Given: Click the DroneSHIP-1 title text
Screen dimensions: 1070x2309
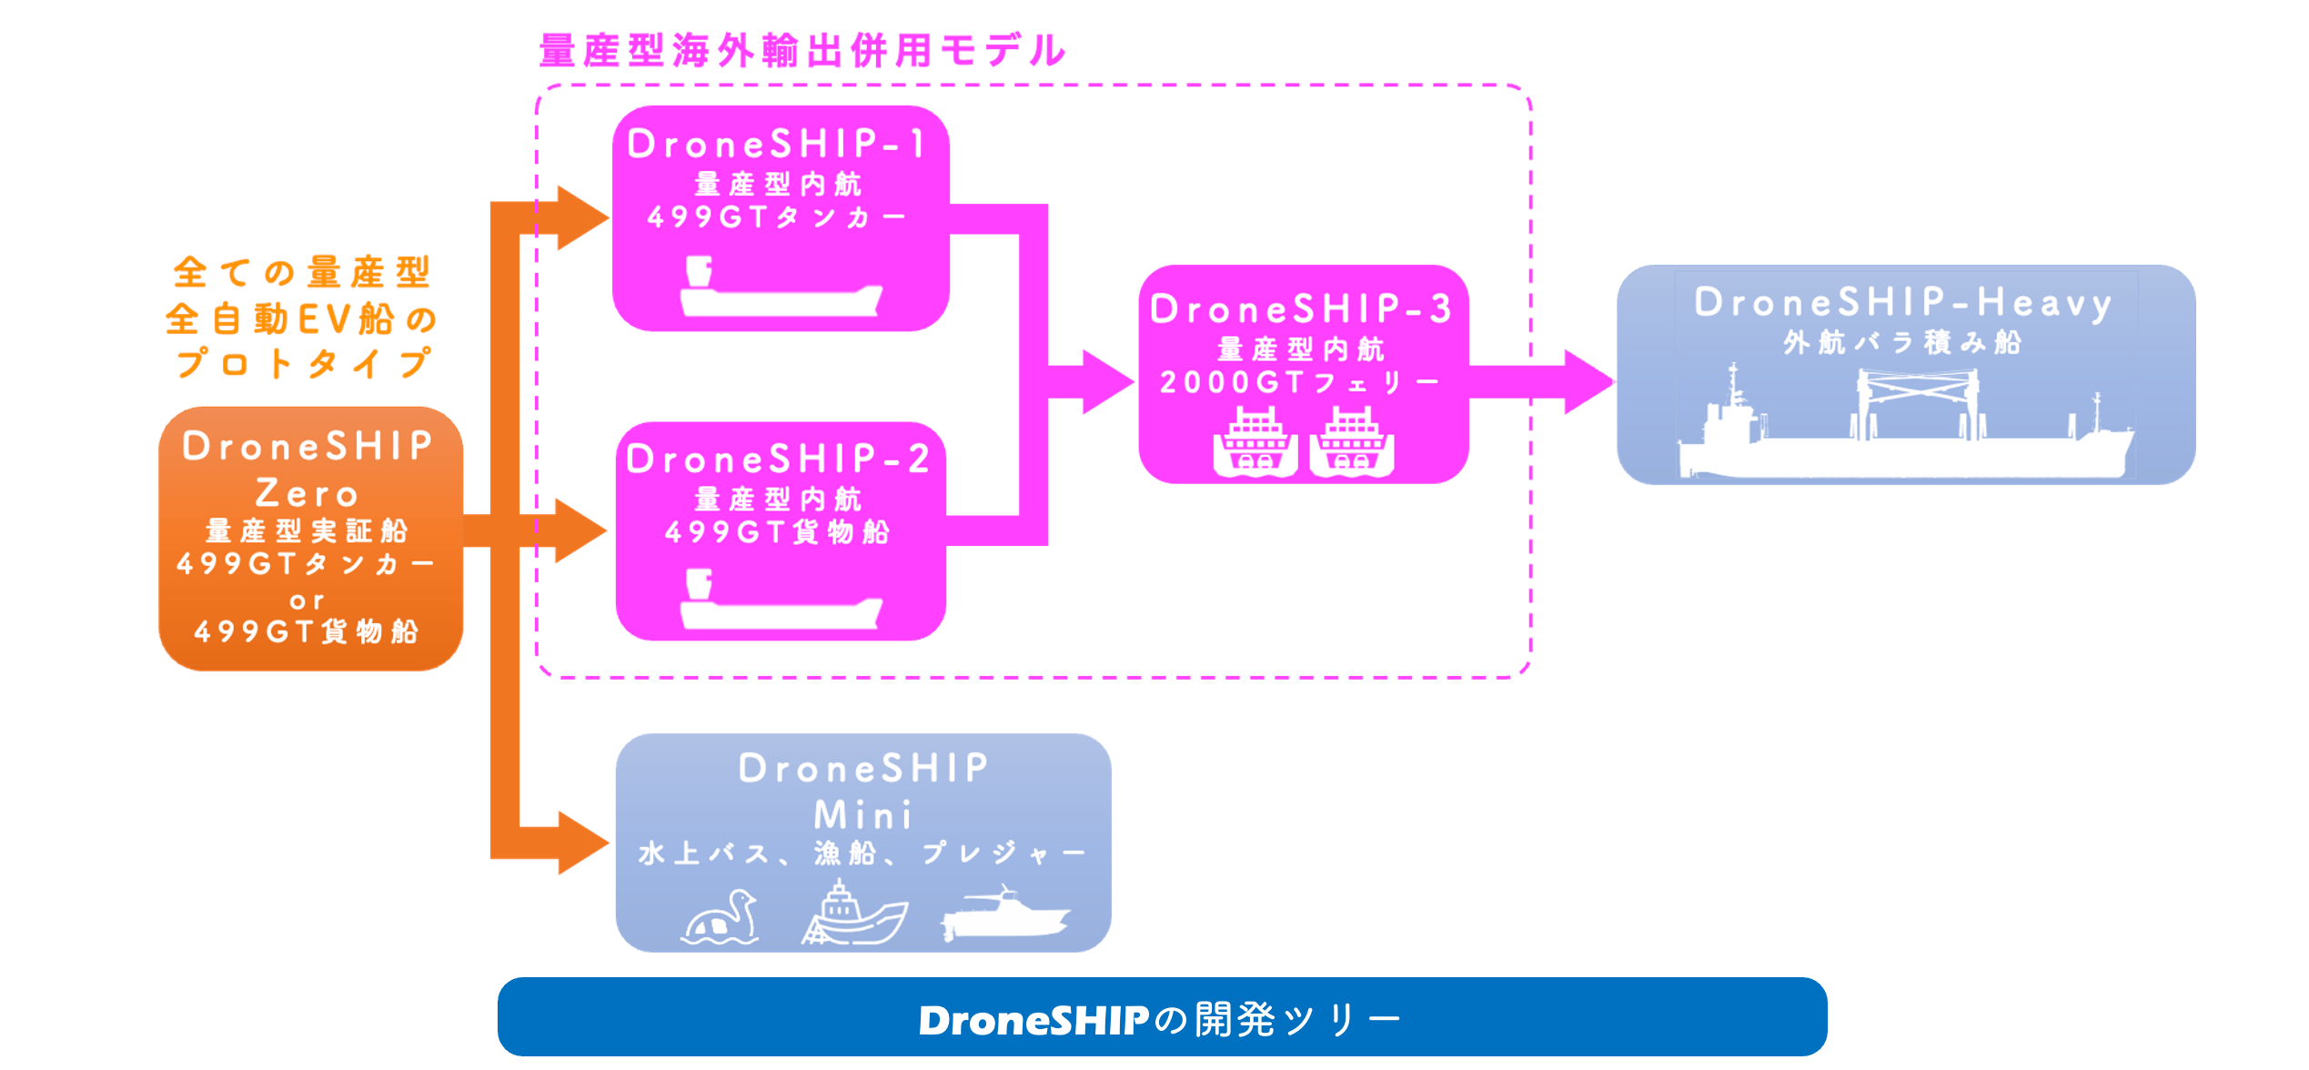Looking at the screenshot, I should [x=778, y=144].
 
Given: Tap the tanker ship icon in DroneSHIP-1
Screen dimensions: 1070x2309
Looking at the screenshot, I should [x=781, y=289].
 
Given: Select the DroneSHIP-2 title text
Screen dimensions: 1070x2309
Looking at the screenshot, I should [x=778, y=459].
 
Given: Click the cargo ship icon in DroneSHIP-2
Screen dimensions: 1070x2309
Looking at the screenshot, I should [x=781, y=602].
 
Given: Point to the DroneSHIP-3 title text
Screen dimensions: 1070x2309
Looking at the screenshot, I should [x=1302, y=309].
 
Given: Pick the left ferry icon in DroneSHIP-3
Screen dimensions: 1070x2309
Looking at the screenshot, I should [x=1255, y=442].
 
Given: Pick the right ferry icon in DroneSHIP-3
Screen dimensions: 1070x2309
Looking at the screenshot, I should [x=1352, y=442].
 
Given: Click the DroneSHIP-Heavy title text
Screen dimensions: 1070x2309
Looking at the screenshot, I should [x=1903, y=303].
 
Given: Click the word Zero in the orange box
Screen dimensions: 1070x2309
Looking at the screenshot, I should [x=308, y=493].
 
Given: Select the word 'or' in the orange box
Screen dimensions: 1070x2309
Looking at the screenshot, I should [x=308, y=601].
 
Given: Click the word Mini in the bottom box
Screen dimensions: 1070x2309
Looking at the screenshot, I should [x=862, y=814].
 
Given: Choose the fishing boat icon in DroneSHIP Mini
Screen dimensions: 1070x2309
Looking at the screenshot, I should [x=853, y=914].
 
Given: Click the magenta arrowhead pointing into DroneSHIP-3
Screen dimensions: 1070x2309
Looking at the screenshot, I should [x=1104, y=382].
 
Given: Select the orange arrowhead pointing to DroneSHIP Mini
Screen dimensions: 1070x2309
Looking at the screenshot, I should [x=580, y=843].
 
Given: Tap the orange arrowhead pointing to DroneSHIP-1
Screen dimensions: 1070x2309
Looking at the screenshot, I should [x=580, y=218].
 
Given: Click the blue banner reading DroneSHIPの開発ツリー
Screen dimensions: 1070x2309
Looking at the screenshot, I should [x=1162, y=1017].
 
